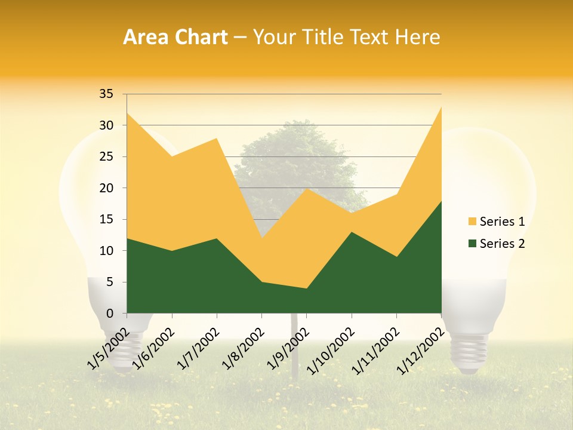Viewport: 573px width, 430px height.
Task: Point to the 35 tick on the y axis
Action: pos(106,94)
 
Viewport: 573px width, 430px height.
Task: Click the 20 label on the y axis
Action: pos(106,188)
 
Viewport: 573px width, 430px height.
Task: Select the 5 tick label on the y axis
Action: pos(109,282)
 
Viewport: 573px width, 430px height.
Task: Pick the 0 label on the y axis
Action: pos(109,313)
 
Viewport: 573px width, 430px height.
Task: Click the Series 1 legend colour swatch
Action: pos(472,222)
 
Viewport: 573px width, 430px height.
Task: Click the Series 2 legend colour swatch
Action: pos(472,243)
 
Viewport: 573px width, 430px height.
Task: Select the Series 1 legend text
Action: pos(502,222)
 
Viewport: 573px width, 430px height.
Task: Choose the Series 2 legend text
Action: pos(502,243)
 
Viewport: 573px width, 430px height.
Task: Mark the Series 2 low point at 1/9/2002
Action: pos(307,288)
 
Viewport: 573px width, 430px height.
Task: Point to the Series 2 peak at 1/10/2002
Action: pos(352,232)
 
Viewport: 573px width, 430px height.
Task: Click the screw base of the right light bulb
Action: pos(469,352)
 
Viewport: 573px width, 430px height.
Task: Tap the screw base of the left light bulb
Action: pos(124,352)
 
